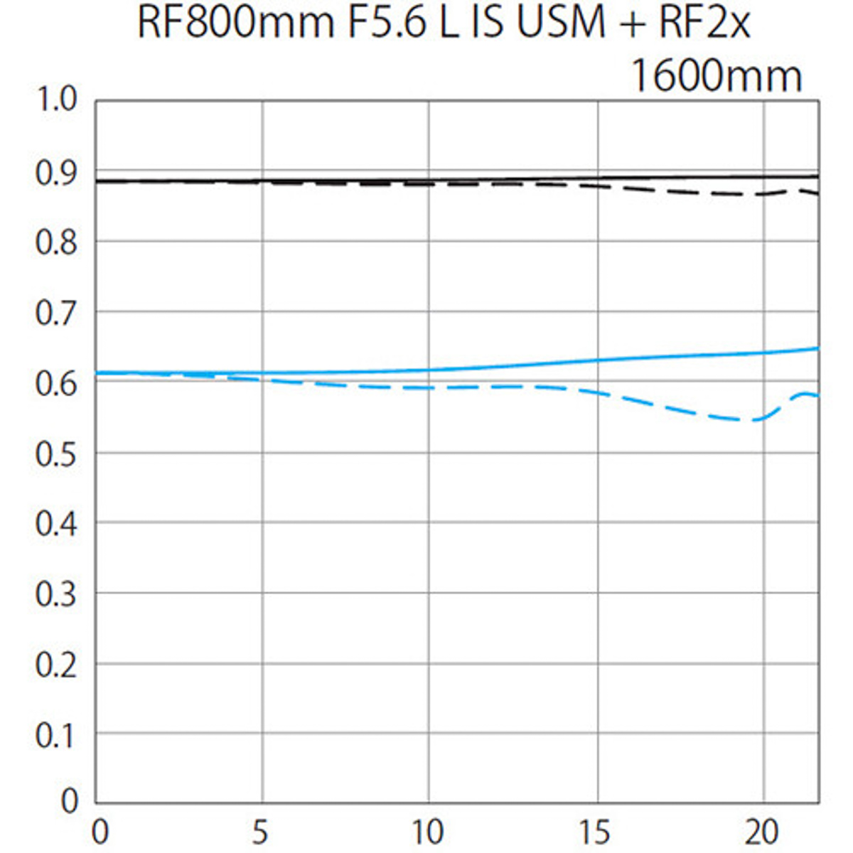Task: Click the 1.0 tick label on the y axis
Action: [56, 101]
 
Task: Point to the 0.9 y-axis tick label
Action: [56, 173]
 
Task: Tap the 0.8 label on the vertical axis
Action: [56, 243]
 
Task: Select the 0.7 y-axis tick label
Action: [56, 313]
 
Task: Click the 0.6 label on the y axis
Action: [56, 384]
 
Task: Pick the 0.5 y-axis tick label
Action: [56, 454]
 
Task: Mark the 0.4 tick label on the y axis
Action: [56, 525]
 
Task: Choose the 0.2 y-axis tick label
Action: [56, 665]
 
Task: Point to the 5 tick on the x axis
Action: [261, 832]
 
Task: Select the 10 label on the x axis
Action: [428, 832]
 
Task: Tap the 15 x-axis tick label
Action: [595, 832]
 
